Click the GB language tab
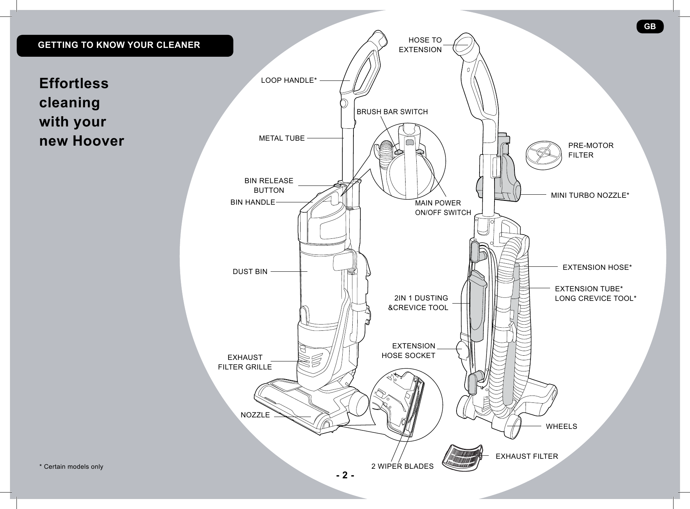pyautogui.click(x=650, y=26)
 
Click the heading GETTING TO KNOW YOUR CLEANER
pyautogui.click(x=119, y=45)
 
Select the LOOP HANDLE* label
pyautogui.click(x=289, y=80)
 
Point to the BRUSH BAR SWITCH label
pyautogui.click(x=392, y=112)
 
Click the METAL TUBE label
pyautogui.click(x=282, y=138)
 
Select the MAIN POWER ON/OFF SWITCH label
pyautogui.click(x=443, y=208)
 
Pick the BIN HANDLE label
pyautogui.click(x=253, y=202)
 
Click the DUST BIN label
pyautogui.click(x=250, y=272)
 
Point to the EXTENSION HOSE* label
pyautogui.click(x=597, y=267)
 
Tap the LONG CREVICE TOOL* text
pyautogui.click(x=595, y=298)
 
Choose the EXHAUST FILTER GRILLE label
pyautogui.click(x=245, y=362)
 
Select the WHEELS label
pyautogui.click(x=561, y=426)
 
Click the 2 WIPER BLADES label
pyautogui.click(x=402, y=466)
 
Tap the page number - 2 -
pyautogui.click(x=345, y=476)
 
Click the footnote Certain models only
pyautogui.click(x=71, y=467)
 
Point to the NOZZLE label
pyautogui.click(x=255, y=415)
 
